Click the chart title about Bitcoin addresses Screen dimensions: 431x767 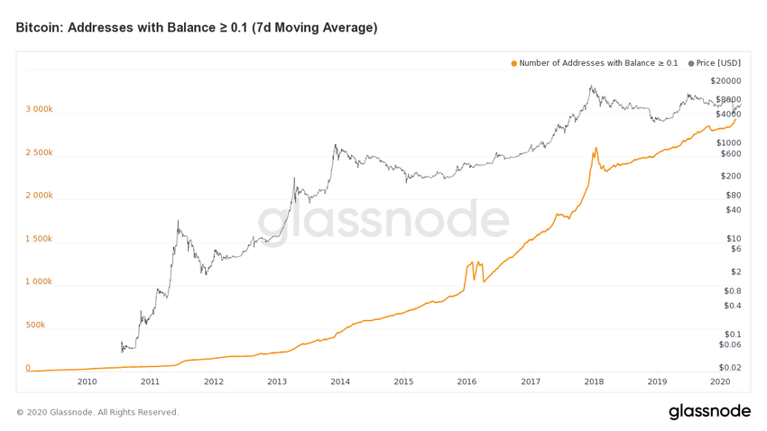196,28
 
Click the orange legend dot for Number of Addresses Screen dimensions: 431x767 514,63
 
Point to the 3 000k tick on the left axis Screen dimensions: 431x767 39,109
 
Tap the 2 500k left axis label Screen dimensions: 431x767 39,152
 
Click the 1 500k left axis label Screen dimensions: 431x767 39,239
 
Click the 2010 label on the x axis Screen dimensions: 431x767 87,382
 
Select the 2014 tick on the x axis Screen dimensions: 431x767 340,382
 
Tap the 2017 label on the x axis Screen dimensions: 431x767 531,382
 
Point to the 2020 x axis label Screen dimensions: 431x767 720,382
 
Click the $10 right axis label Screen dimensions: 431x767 734,239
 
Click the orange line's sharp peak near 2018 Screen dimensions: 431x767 596,148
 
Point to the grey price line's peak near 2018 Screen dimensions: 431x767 591,87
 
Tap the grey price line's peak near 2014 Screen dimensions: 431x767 336,144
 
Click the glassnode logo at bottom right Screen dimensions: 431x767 709,412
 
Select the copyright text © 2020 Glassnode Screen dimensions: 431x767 97,412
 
